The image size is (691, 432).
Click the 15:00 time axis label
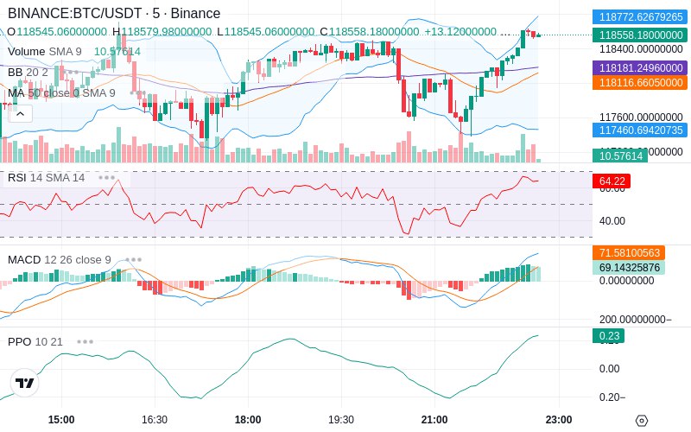pos(61,419)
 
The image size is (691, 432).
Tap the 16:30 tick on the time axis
pos(155,419)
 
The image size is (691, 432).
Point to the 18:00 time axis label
pos(248,419)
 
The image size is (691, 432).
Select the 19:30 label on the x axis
pos(341,419)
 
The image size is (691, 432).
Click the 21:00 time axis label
pos(434,419)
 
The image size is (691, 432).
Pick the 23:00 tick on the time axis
pos(559,419)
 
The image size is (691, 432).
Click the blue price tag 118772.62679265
pos(639,16)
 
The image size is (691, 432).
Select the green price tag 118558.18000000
pos(639,35)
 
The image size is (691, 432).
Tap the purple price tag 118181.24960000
pos(639,67)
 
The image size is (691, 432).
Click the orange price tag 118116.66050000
pos(639,83)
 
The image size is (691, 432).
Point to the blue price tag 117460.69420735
pos(639,130)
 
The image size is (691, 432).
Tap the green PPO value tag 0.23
pos(607,336)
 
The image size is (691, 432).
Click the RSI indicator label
pos(16,177)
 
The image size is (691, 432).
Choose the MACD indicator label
pos(24,259)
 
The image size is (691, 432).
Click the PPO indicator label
pos(19,341)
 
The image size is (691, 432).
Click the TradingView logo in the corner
pos(25,383)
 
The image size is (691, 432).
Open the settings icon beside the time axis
pos(641,420)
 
